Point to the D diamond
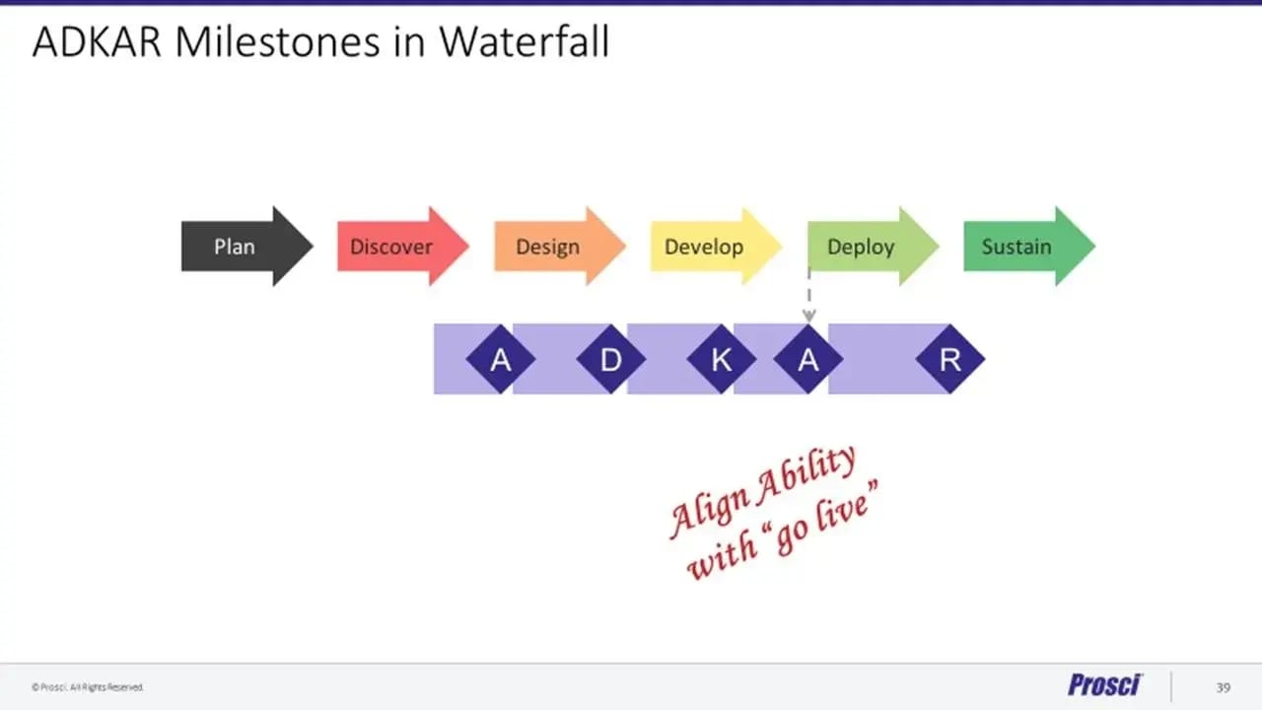coord(611,360)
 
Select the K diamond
coord(722,360)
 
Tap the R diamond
coord(949,360)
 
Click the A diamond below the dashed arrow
coord(808,360)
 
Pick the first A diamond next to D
coord(501,360)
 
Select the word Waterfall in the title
coord(524,43)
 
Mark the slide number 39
coord(1223,686)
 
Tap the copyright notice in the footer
coord(88,687)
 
